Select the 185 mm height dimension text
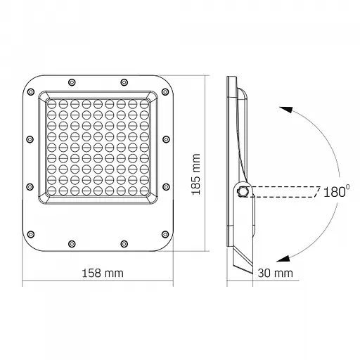(x=198, y=172)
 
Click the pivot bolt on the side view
(x=243, y=191)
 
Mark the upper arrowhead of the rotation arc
(x=282, y=108)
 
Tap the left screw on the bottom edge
(x=71, y=244)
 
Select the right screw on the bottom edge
(x=124, y=244)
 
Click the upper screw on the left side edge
(x=29, y=139)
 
